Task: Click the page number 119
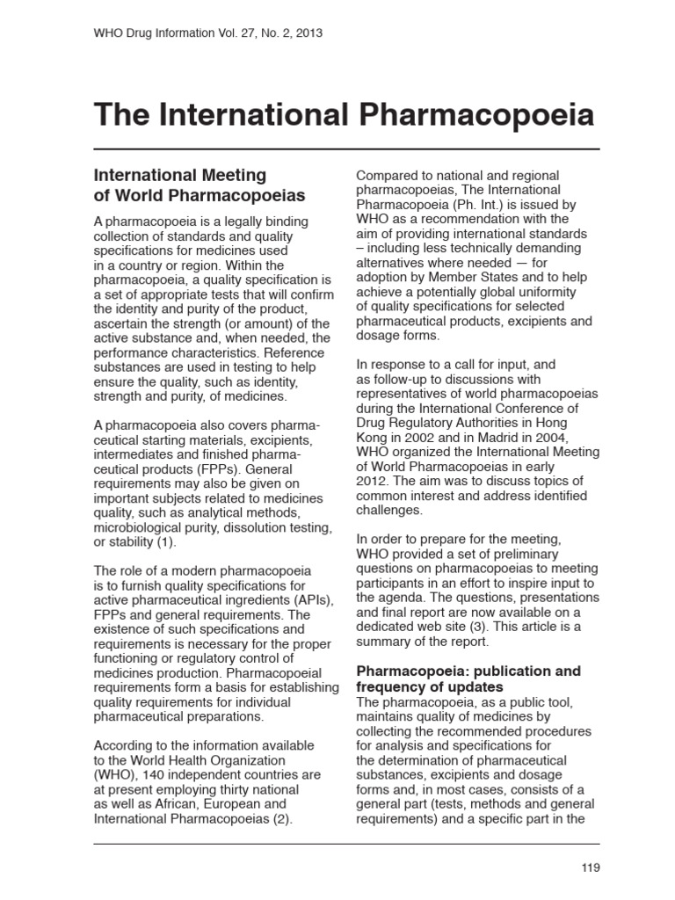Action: [590, 867]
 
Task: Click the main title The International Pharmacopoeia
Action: [344, 115]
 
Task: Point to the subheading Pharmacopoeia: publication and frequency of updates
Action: [468, 679]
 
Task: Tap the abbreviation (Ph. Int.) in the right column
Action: [478, 204]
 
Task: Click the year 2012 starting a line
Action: [372, 481]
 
